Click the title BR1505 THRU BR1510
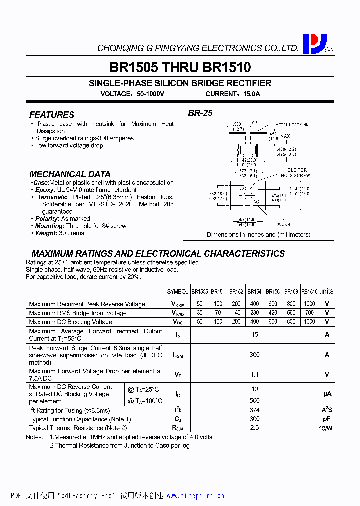point(180,67)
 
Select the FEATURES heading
point(52,115)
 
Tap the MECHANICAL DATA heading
point(70,174)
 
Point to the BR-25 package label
point(200,113)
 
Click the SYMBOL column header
point(177,292)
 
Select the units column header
point(326,291)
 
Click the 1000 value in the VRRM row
point(309,304)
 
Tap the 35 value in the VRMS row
point(200,313)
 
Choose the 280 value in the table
point(254,313)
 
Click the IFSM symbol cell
point(177,355)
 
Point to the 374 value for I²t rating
point(254,410)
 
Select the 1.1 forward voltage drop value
point(254,374)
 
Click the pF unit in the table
point(327,419)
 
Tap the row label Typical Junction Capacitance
point(80,419)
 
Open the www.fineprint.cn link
point(195,496)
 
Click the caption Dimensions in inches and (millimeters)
point(258,234)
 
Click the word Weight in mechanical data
point(46,233)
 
